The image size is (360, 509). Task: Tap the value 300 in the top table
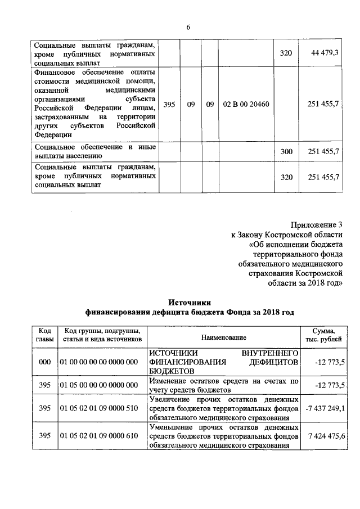coord(286,152)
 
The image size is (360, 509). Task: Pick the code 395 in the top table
coord(169,105)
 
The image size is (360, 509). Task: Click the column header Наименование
coord(224,336)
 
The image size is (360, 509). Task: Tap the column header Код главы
coord(44,336)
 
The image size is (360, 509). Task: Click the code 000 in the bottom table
coord(44,362)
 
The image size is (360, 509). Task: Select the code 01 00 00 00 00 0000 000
coord(99,362)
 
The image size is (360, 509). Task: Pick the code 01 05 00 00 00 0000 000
coord(99,385)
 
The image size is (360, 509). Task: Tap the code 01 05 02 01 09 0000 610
coord(99,436)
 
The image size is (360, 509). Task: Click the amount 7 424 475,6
coord(326,436)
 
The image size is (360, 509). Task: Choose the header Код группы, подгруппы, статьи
coord(102,336)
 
